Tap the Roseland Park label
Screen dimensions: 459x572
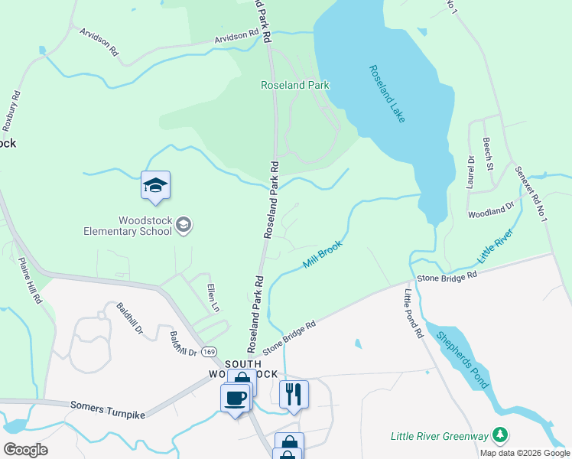[x=295, y=85]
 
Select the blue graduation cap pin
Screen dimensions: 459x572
[x=155, y=186]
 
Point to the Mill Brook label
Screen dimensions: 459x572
[x=321, y=254]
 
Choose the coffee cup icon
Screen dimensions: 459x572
[x=236, y=398]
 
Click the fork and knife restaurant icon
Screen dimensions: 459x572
[x=294, y=395]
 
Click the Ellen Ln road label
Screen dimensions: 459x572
[x=213, y=297]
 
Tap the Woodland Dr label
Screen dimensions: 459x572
[x=492, y=209]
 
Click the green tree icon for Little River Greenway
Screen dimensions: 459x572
[x=499, y=435]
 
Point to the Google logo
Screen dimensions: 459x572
[x=25, y=450]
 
